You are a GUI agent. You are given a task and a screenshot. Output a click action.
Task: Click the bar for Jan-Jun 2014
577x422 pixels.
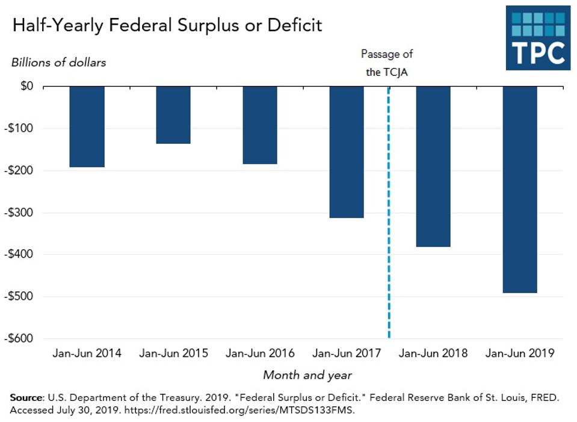click(x=87, y=126)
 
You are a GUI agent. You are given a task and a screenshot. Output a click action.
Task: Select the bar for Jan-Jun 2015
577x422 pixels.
click(x=173, y=115)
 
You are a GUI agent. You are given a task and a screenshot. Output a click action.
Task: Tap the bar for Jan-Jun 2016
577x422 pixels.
click(x=260, y=125)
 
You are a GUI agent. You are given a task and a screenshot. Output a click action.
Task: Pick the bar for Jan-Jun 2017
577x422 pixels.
click(x=347, y=152)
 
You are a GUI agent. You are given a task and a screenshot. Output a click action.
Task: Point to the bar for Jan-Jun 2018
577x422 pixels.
click(x=433, y=166)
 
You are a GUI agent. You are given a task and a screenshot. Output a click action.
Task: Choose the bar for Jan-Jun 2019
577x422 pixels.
click(x=520, y=189)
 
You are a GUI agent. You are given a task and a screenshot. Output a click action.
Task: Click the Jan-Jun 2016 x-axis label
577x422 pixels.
click(x=260, y=353)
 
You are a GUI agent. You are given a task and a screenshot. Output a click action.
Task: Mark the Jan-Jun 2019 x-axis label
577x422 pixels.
click(x=520, y=353)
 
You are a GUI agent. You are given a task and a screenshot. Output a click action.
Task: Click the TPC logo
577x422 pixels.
click(x=537, y=37)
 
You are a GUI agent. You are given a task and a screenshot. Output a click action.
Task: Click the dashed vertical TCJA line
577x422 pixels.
click(x=389, y=241)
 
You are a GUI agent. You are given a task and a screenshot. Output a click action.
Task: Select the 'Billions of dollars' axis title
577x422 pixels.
click(x=58, y=63)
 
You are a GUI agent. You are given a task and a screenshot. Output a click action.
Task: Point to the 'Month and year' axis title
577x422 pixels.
click(x=307, y=375)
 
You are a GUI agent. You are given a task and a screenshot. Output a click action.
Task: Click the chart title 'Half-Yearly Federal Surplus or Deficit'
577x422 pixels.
click(x=167, y=25)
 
